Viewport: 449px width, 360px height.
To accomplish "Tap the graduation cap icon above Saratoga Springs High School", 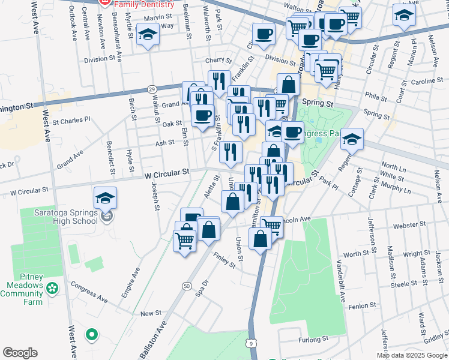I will tap(105, 197).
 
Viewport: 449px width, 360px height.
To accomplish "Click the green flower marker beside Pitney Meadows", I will tap(53, 289).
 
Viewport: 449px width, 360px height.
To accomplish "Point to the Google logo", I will tap(20, 353).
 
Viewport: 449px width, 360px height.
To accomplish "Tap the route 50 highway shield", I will tap(187, 287).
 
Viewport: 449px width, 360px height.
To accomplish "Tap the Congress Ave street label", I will tap(89, 292).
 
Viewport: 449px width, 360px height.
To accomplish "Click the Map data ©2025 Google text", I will tap(412, 355).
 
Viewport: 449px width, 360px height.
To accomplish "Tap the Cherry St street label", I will tap(218, 60).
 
